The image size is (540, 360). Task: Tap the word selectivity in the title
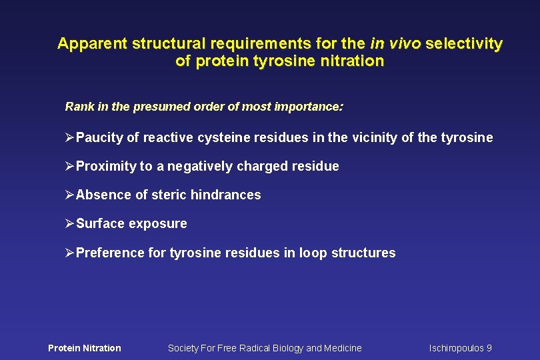pos(464,44)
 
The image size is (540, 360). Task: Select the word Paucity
pos(99,138)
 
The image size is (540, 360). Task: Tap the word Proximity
pos(105,167)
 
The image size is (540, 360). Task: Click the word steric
pos(169,195)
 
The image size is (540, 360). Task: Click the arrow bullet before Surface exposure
pos(69,224)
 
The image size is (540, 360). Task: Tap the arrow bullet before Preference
pos(69,253)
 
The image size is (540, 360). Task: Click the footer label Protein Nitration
pos(85,348)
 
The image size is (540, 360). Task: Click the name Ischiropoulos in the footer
pos(456,348)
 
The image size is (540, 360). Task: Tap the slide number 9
pos(489,348)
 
